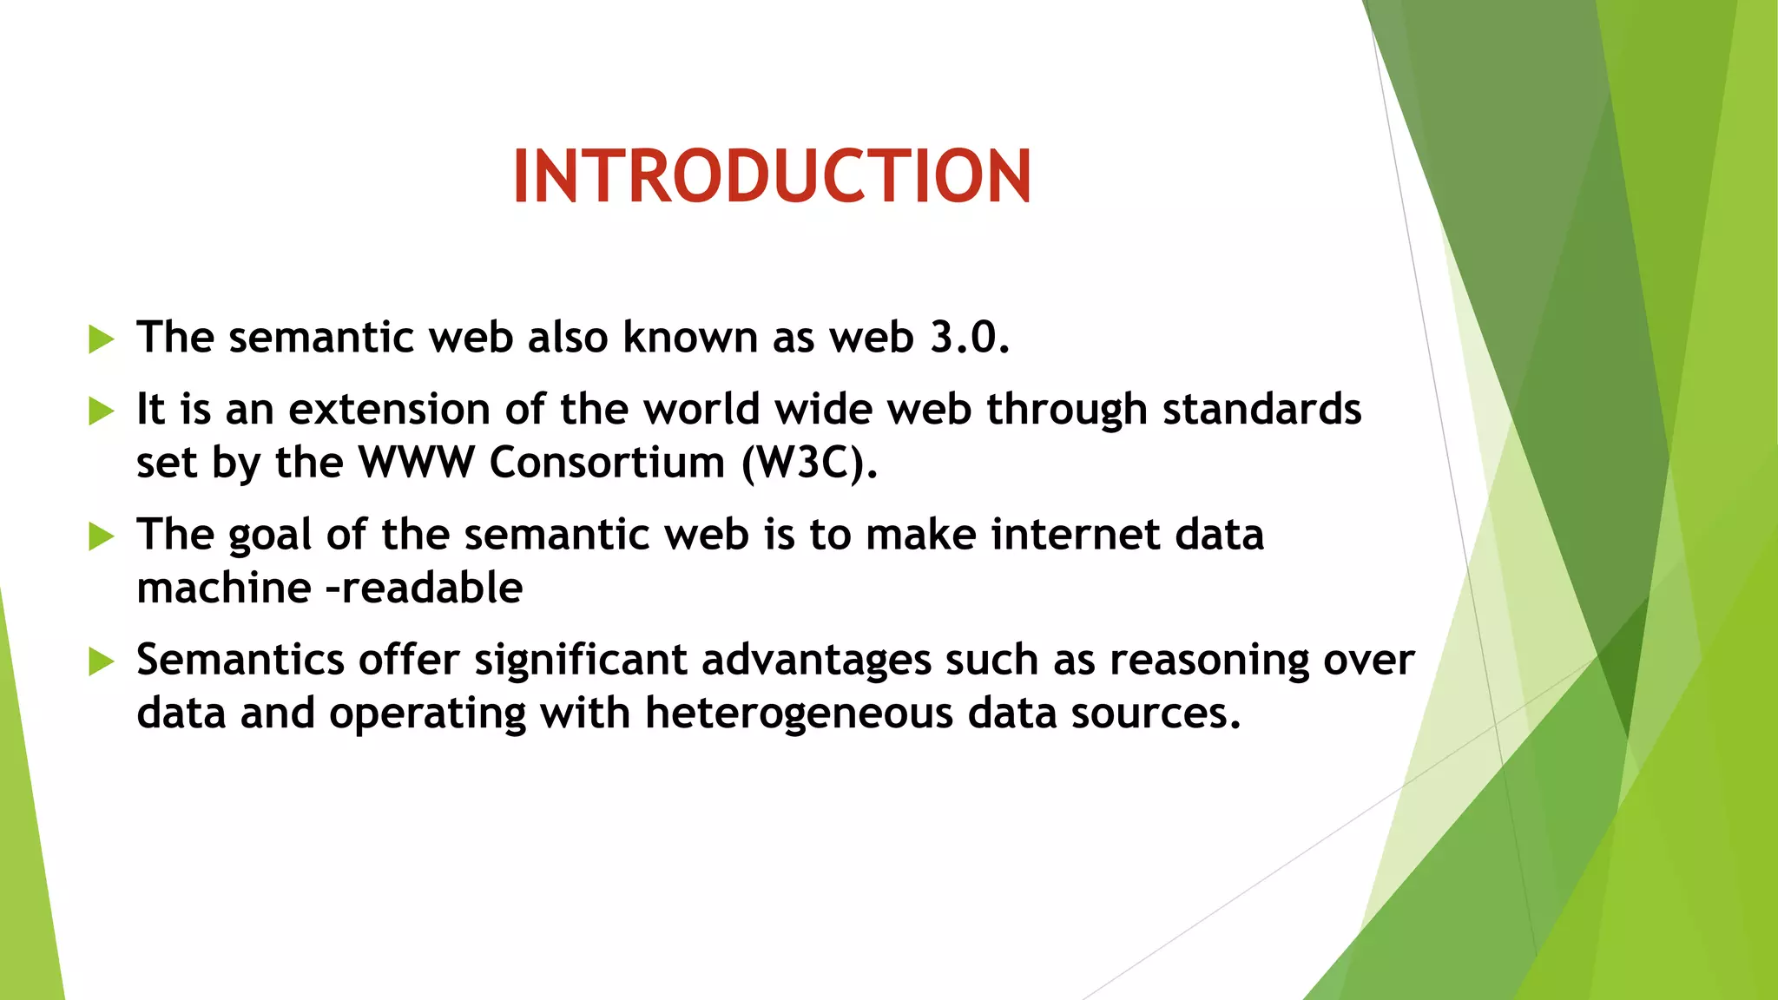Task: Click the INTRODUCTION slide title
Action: click(772, 176)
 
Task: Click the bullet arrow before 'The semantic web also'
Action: click(101, 339)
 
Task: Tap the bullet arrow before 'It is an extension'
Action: click(101, 411)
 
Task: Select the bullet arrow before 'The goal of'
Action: click(101, 536)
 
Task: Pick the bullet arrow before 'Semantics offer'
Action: click(101, 661)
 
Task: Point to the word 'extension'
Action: click(389, 409)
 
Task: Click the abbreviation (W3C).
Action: click(809, 463)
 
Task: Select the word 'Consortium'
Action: click(607, 462)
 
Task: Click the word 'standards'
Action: click(1261, 409)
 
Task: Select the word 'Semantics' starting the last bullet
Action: click(240, 660)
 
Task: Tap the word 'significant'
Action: click(580, 660)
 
